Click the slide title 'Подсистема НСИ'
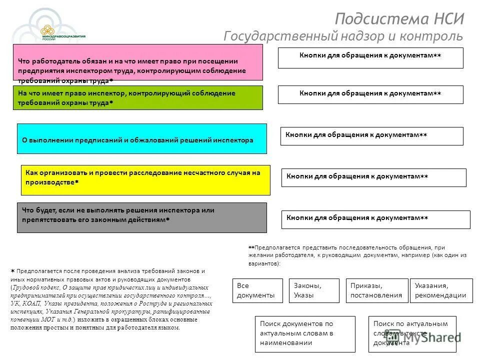(399, 19)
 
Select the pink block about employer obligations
(137, 62)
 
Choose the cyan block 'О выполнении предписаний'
(141, 138)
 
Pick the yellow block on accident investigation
(145, 180)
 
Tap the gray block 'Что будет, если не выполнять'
(141, 217)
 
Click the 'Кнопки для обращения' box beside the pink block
(370, 58)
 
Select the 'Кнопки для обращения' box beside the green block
(370, 94)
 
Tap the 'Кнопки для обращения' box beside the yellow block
(373, 177)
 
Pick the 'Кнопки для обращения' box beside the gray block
(375, 219)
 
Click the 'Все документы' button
(255, 290)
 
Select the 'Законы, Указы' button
(313, 290)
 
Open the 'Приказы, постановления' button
(376, 290)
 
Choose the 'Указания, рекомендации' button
(440, 290)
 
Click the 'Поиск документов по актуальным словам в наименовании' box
(304, 334)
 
